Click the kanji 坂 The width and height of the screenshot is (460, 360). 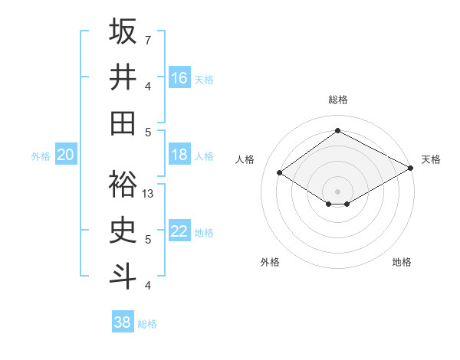[x=123, y=31]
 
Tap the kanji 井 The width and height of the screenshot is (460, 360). [x=123, y=77]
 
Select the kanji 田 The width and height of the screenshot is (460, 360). [x=123, y=123]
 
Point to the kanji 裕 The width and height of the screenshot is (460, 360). [x=123, y=185]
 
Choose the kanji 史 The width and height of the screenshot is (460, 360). [x=123, y=231]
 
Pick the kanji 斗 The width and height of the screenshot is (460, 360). [x=123, y=277]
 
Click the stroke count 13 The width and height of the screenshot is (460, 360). [x=149, y=194]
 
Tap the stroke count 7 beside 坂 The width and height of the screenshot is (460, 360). [x=148, y=40]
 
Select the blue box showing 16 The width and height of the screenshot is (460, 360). [x=179, y=78]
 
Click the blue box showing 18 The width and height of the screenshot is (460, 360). [x=179, y=155]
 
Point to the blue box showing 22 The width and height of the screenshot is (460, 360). [x=179, y=231]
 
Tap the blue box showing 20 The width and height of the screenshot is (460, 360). [x=65, y=155]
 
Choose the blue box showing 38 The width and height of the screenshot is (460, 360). [x=122, y=322]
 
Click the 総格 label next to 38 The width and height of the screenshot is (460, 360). [x=148, y=324]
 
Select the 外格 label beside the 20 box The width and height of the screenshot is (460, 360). [x=41, y=156]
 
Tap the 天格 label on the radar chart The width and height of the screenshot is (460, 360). [x=431, y=159]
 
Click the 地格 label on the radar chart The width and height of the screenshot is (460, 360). [x=402, y=262]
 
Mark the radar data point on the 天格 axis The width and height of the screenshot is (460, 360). [x=410, y=169]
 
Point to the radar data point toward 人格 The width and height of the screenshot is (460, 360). [x=280, y=173]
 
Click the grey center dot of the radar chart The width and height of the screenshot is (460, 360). [x=337, y=191]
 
